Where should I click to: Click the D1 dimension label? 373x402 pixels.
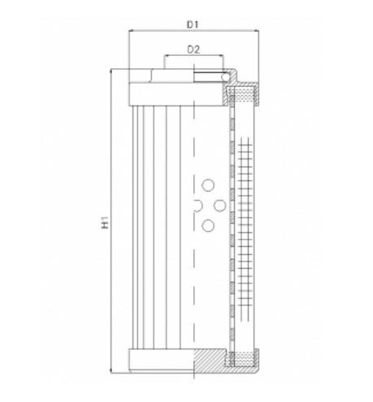[193, 24]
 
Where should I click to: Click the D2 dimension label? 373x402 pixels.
[193, 50]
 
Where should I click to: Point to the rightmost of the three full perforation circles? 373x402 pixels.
[220, 205]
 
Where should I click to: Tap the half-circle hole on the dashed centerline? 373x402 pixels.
[197, 205]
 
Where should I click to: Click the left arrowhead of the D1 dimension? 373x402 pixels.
[132, 32]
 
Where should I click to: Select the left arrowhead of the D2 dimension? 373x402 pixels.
[166, 57]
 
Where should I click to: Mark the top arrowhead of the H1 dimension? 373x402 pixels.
[114, 71]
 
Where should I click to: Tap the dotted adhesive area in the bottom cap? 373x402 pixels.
[243, 357]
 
